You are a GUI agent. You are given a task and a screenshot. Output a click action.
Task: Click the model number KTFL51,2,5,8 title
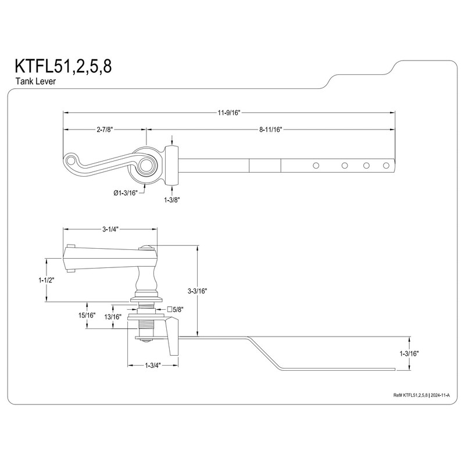point(59,66)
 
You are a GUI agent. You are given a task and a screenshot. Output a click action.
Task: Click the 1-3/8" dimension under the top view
point(172,199)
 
